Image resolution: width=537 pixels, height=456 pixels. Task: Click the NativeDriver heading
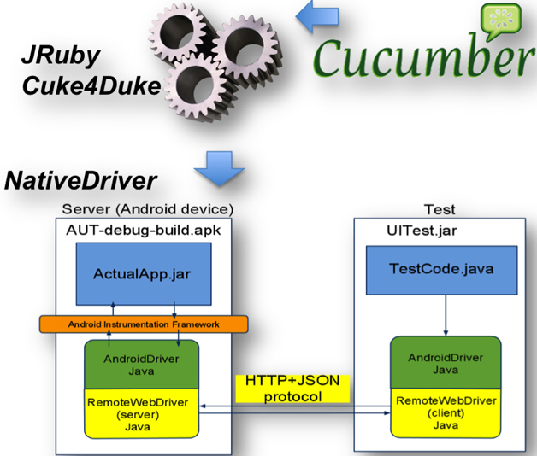point(81,181)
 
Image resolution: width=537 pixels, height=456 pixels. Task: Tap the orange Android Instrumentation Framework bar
point(143,324)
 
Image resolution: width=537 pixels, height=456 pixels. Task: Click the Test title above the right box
point(440,209)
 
